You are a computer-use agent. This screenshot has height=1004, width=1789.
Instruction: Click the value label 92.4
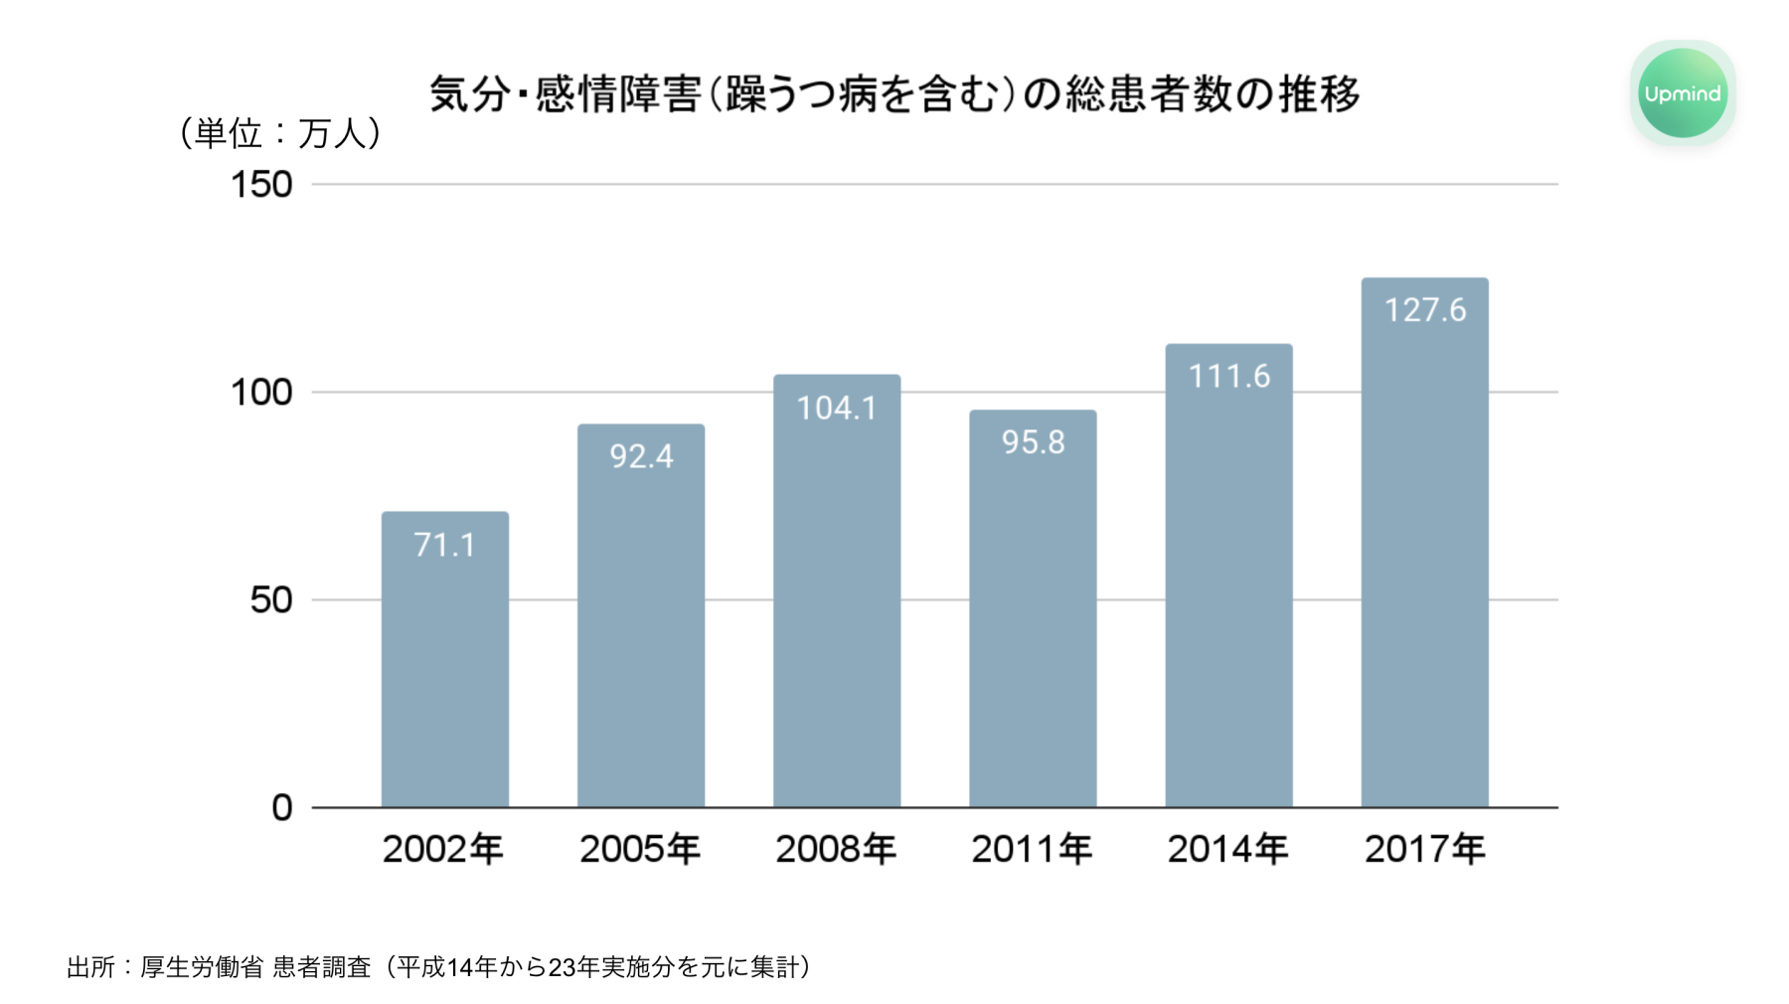641,456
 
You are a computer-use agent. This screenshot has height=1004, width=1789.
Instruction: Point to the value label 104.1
837,408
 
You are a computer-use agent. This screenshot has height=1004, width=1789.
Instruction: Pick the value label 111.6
1229,376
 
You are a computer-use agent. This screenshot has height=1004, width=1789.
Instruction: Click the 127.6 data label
1425,310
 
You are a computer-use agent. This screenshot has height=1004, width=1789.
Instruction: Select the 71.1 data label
444,545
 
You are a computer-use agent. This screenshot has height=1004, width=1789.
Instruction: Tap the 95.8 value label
1033,441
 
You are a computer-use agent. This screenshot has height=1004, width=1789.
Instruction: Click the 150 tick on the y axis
261,185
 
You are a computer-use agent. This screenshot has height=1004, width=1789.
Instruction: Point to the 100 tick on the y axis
261,393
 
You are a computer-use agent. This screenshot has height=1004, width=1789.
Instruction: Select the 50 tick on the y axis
270,600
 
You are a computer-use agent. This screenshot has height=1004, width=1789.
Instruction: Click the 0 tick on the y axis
282,808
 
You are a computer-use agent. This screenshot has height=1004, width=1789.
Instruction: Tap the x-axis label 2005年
640,849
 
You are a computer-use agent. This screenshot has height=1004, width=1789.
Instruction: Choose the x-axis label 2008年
836,849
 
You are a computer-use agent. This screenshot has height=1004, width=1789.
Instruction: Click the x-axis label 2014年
1227,849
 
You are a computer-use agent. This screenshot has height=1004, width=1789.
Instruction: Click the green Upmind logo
1682,93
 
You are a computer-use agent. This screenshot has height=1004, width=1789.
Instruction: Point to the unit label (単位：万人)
280,133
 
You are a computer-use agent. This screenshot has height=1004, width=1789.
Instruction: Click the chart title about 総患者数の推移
894,94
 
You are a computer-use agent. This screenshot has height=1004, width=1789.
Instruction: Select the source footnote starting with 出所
438,966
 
